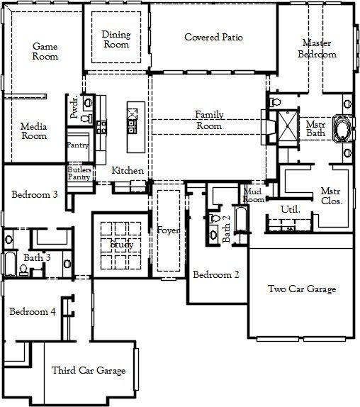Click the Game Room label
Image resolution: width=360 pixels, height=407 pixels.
click(x=45, y=51)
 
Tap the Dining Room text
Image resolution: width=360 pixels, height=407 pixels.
click(x=116, y=39)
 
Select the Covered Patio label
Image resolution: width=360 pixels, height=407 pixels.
click(x=213, y=37)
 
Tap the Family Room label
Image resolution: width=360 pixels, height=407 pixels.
click(x=209, y=120)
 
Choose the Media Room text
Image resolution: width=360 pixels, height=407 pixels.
click(x=33, y=131)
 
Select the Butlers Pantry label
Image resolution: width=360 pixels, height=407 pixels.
click(x=78, y=174)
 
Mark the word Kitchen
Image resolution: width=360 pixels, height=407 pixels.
click(x=128, y=171)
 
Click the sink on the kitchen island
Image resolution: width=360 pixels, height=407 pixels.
click(x=133, y=126)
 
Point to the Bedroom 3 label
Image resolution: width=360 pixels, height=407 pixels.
click(x=34, y=194)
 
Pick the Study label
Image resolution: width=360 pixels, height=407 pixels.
click(x=121, y=244)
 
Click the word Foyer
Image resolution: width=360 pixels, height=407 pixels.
click(x=168, y=230)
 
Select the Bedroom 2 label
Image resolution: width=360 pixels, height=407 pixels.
click(x=216, y=275)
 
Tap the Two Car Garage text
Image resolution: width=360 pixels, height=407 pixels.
click(x=301, y=289)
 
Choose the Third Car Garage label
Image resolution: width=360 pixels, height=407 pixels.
click(x=89, y=370)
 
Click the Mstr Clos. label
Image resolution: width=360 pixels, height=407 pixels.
click(x=331, y=196)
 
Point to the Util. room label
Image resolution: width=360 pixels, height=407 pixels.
click(x=291, y=210)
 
